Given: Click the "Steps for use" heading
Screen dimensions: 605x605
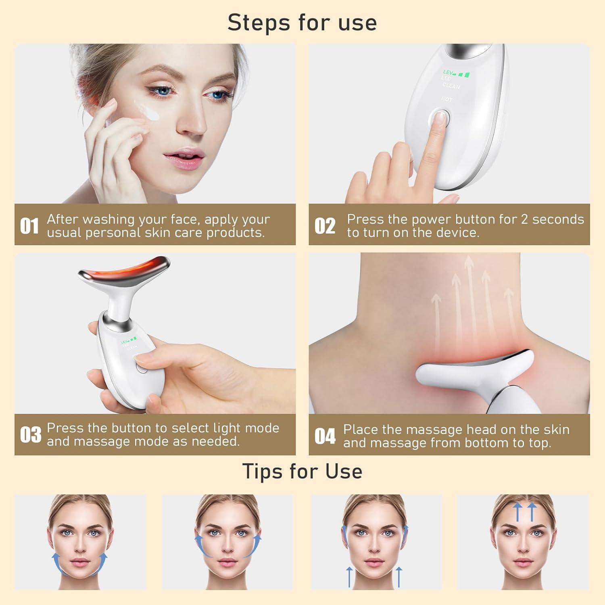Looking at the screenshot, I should click(x=302, y=23).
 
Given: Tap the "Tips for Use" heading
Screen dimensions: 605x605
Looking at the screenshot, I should click(x=302, y=471).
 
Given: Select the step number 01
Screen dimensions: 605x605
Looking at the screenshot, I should click(x=29, y=226).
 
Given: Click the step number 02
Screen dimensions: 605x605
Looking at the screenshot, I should click(x=325, y=226).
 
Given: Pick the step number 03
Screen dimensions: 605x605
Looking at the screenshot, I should click(x=30, y=435).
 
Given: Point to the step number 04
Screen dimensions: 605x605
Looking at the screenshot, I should click(x=325, y=436).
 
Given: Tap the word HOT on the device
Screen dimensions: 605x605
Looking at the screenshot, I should click(x=446, y=99).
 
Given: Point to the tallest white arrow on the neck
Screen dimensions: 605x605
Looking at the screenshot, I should click(x=469, y=298).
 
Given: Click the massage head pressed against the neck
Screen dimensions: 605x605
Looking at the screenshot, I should click(x=476, y=367).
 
